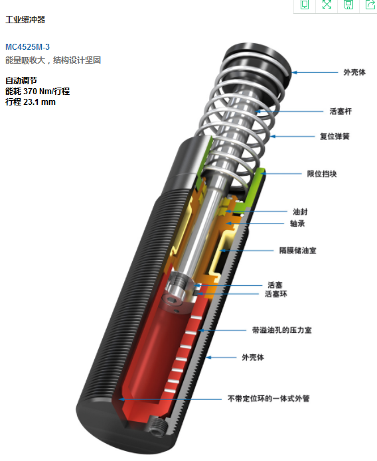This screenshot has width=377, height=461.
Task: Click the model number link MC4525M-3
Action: pos(27,46)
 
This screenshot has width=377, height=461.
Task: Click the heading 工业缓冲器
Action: pos(25,20)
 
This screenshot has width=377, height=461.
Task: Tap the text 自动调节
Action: pos(21,80)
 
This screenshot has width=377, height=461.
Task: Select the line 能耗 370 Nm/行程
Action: pos(37,91)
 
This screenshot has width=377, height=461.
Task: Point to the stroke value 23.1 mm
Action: pos(39,102)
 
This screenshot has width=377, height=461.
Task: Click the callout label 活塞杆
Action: pos(340,111)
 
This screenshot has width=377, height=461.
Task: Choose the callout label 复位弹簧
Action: pos(335,137)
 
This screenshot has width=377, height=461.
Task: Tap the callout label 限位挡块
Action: pos(322,174)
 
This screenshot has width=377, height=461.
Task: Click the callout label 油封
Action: pos(300,212)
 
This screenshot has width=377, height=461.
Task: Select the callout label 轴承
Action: pos(297,224)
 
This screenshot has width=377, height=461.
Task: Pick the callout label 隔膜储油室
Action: pos(297,251)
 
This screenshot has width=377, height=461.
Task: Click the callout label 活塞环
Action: pos(275,294)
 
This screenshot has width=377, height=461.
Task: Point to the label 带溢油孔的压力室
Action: pos(281,330)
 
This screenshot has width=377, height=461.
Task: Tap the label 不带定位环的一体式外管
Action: pos(268,399)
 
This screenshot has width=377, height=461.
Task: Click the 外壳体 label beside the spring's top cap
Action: pos(354,72)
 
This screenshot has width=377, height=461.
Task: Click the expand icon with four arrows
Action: pos(327,5)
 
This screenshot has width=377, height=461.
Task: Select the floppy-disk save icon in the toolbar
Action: pos(348,5)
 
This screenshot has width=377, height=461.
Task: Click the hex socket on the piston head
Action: pos(170,300)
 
